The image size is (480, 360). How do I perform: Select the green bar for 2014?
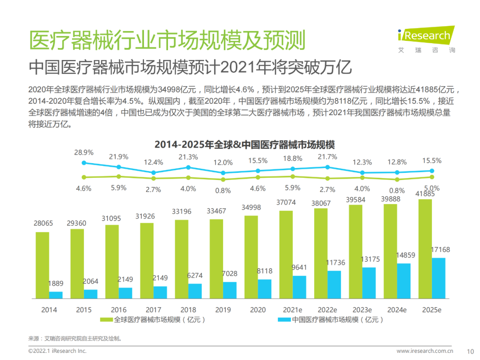click(x=42, y=265)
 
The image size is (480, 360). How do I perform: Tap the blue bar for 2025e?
click(x=438, y=278)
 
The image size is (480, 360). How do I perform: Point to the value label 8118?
click(x=264, y=271)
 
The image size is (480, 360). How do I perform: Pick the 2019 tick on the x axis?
click(x=223, y=310)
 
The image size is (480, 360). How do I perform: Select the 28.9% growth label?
click(x=84, y=152)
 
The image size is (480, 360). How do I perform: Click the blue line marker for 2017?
click(x=153, y=172)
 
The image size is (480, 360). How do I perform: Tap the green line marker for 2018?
click(x=188, y=177)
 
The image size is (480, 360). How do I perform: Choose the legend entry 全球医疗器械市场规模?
click(x=153, y=320)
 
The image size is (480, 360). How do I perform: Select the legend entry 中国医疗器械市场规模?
click(x=331, y=320)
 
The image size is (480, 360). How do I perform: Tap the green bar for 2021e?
click(x=286, y=254)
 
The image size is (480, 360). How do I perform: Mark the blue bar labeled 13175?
click(x=369, y=283)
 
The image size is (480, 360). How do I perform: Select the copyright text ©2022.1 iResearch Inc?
click(x=57, y=351)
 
